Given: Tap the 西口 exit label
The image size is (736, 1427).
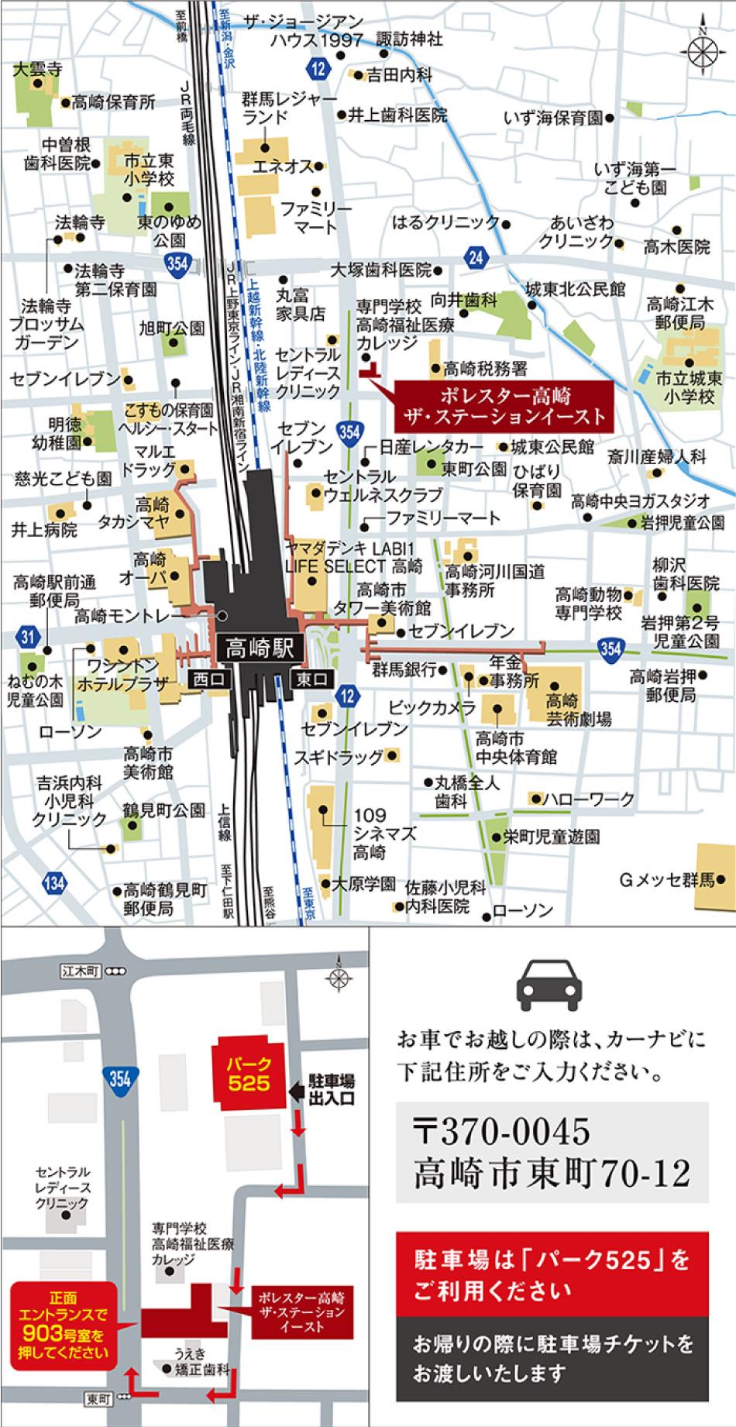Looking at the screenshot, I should pyautogui.click(x=208, y=679).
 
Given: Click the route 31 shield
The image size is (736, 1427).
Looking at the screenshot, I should pyautogui.click(x=29, y=637).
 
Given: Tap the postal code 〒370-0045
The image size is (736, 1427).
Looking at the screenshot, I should pyautogui.click(x=503, y=1133).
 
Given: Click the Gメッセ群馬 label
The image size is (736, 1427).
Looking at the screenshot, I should pyautogui.click(x=666, y=880).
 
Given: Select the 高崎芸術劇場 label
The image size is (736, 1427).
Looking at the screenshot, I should pyautogui.click(x=578, y=709).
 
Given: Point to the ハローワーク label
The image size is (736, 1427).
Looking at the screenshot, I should pyautogui.click(x=588, y=799).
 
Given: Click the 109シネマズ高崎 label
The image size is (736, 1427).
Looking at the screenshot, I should pyautogui.click(x=374, y=834).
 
